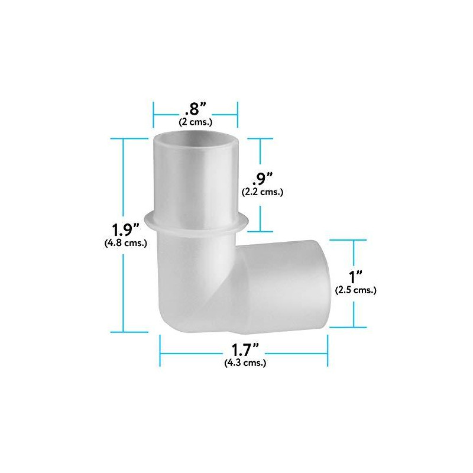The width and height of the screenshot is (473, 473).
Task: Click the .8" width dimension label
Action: pyautogui.click(x=196, y=110)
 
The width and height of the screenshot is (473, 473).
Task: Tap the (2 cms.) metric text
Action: pyautogui.click(x=196, y=122)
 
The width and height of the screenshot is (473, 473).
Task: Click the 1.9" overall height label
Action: pyautogui.click(x=125, y=229)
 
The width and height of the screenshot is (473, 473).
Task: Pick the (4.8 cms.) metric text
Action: pyautogui.click(x=125, y=242)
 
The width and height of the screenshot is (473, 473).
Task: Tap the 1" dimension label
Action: pyautogui.click(x=355, y=277)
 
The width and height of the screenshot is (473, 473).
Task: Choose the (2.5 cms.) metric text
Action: pyautogui.click(x=355, y=290)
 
